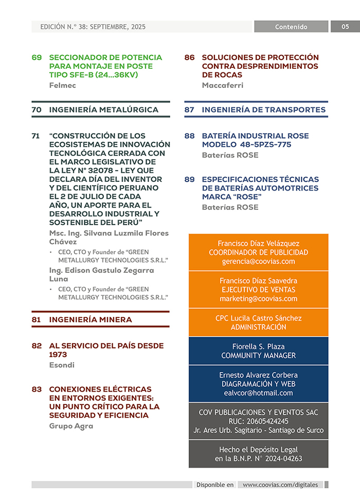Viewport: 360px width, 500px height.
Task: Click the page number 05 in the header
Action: tap(345, 27)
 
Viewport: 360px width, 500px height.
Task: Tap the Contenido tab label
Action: tap(291, 27)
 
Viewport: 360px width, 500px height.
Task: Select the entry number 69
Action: tap(37, 58)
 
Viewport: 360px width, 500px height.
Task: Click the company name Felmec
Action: tap(62, 85)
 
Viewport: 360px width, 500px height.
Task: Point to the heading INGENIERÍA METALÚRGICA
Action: tap(103, 109)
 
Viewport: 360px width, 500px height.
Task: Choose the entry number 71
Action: tap(36, 136)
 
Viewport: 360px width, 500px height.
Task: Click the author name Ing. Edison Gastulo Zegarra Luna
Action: tap(101, 274)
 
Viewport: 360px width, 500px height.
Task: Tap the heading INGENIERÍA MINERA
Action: tap(91, 320)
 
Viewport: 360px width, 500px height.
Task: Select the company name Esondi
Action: tap(62, 365)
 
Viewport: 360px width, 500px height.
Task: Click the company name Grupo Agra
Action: tap(71, 426)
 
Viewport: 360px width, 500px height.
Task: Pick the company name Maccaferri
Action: tap(222, 85)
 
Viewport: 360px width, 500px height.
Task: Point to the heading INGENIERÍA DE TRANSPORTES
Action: tap(263, 109)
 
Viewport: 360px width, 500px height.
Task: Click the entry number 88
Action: tap(189, 136)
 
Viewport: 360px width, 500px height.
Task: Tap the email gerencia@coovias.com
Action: tap(258, 261)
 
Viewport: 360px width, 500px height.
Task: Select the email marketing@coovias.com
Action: tap(258, 299)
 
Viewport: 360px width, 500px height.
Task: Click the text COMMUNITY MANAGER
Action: tap(258, 356)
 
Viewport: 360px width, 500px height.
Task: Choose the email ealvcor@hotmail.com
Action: tap(258, 393)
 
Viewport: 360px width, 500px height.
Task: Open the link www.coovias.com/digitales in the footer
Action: tap(280, 485)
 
